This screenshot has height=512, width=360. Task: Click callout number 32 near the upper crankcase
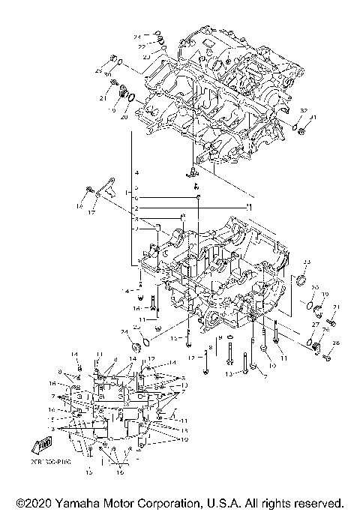pyautogui.click(x=304, y=110)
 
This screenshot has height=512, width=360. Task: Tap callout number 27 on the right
pyautogui.click(x=316, y=323)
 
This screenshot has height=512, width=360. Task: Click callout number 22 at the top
pyautogui.click(x=141, y=46)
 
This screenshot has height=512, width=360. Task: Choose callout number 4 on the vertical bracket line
pyautogui.click(x=136, y=173)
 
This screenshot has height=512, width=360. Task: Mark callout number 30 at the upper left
pyautogui.click(x=107, y=76)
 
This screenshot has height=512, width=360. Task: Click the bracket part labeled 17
pyautogui.click(x=108, y=187)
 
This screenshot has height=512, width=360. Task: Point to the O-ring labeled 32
pyautogui.click(x=294, y=125)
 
